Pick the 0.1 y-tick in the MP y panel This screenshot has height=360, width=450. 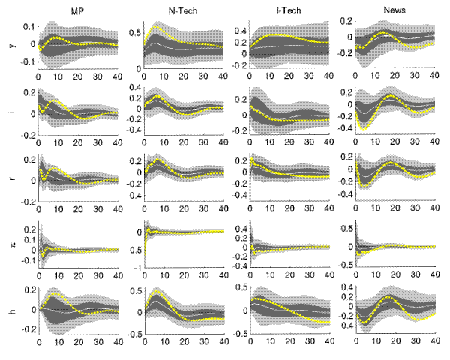click(x=28, y=27)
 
